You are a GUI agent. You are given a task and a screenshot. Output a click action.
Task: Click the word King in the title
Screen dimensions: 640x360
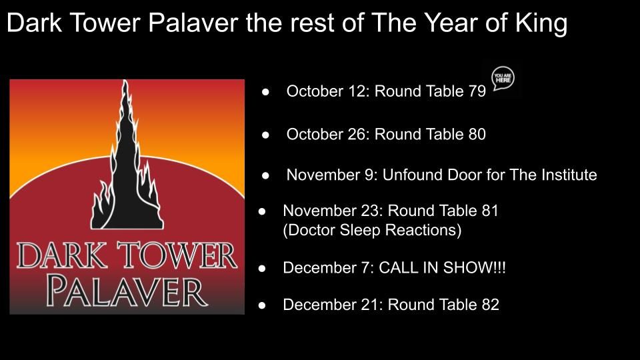coord(541,24)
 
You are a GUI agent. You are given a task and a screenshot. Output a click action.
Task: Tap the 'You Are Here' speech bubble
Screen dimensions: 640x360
coord(503,78)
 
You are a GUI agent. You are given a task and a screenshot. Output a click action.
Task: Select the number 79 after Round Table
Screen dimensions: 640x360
coord(477,91)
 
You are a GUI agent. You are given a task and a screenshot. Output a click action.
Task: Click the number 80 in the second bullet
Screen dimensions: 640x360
coord(477,134)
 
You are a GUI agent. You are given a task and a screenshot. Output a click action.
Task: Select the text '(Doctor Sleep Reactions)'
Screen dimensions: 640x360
coord(372,230)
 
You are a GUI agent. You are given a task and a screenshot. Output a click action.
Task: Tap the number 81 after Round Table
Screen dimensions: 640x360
coord(490,211)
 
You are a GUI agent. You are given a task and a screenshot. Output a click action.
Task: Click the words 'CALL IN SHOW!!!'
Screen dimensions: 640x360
coord(442,268)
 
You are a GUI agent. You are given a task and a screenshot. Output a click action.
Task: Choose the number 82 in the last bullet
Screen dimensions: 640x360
coord(490,305)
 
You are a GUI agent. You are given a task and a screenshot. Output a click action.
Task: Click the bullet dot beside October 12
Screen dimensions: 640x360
coord(266,92)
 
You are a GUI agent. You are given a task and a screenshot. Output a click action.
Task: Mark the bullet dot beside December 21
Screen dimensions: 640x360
coord(262,305)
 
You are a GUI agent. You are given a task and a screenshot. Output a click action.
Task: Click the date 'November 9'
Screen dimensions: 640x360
coord(332,175)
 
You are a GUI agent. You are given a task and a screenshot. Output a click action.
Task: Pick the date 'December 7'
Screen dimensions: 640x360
coord(326,268)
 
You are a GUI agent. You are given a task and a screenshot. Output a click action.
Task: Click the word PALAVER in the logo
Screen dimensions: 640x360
coord(127,291)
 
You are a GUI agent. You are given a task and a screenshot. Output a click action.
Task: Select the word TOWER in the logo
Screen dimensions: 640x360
coord(179,255)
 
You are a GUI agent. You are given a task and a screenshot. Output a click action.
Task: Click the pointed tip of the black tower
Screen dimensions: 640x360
coord(125,81)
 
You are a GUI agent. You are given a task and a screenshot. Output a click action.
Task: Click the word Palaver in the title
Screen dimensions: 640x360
coord(193,23)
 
